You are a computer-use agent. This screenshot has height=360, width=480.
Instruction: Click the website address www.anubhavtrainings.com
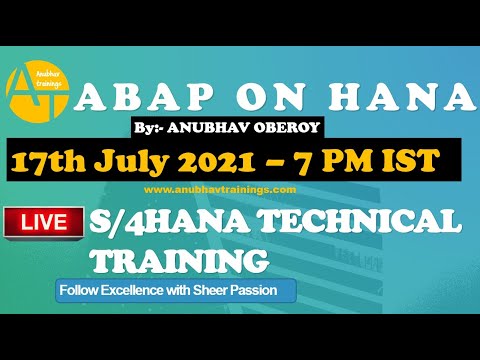[206, 189]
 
